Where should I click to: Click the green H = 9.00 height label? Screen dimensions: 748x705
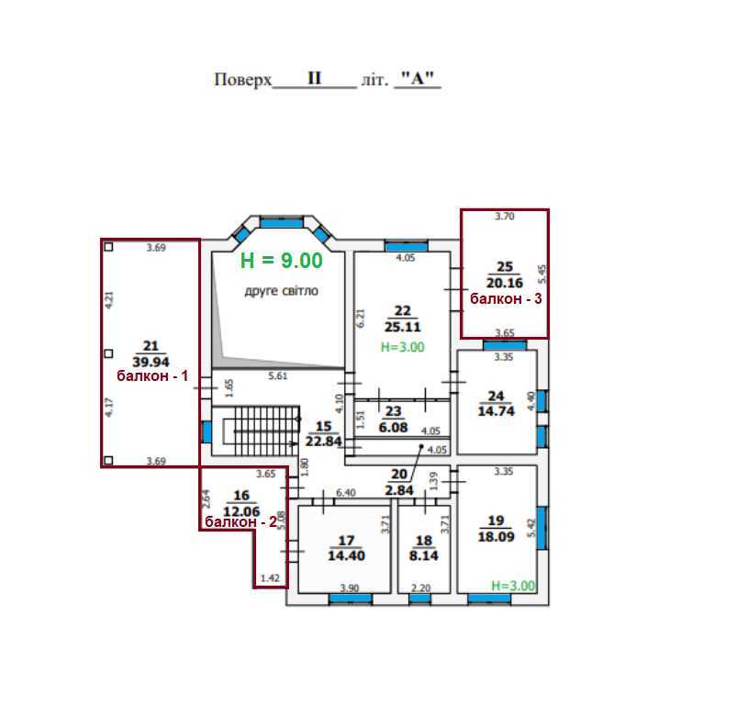pos(282,261)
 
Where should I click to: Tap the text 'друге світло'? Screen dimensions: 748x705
pos(282,291)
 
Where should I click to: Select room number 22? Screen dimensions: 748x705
pos(403,311)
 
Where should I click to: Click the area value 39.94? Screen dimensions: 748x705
pos(151,362)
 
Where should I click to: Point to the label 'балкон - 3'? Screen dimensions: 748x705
pos(506,298)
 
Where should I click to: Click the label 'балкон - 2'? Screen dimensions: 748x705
pos(240,522)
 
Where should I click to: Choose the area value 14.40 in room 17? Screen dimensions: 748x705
pos(346,555)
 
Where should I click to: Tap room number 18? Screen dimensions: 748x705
pos(424,541)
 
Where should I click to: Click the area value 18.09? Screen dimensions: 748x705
pos(497,537)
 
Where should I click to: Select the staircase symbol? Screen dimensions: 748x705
pos(256,431)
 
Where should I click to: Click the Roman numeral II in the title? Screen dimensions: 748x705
pos(315,78)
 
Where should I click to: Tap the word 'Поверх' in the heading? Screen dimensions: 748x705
pos(242,79)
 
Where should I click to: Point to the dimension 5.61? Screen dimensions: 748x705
pos(278,375)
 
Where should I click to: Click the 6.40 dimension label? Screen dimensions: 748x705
pos(345,493)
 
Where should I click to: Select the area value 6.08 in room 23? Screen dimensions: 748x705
pos(393,428)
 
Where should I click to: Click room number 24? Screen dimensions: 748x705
pos(497,396)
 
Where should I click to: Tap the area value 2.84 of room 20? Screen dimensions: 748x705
pos(399,490)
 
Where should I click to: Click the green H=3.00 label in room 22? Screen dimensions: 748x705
pos(403,347)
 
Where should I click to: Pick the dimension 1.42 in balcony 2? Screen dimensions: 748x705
pos(270,578)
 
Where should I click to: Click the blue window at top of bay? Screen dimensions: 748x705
pos(282,223)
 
